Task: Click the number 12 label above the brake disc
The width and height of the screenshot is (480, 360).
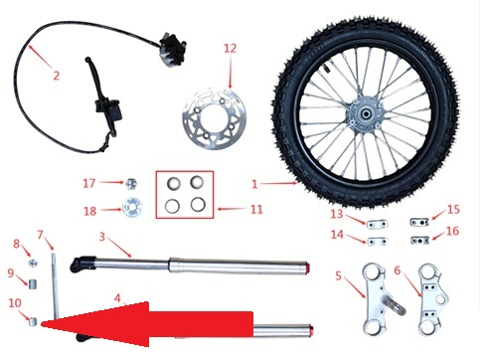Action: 231,48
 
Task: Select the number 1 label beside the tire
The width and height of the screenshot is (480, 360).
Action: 254,184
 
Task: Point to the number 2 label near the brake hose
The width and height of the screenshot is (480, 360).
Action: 56,75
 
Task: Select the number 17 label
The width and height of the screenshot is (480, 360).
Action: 88,183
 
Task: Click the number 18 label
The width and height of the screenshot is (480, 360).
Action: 88,211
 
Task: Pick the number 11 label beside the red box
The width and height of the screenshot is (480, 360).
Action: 255,210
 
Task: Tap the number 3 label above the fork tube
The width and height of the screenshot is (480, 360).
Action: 102,236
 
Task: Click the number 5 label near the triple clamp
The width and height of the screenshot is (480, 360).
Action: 338,275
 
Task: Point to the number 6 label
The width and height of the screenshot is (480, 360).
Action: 398,269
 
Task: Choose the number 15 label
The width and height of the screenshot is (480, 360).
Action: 453,210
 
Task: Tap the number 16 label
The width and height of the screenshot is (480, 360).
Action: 453,232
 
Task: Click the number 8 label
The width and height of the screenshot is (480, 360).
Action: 16,244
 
